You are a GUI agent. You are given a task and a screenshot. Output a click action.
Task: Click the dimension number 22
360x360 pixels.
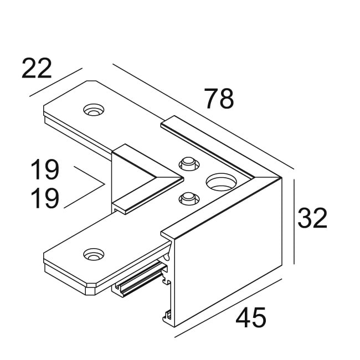point(37,68)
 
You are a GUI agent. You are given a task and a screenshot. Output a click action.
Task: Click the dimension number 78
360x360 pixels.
point(219,99)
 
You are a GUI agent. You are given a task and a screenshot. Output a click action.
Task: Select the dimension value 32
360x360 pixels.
point(312,218)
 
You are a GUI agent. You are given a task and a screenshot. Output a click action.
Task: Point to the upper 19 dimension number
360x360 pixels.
point(44,171)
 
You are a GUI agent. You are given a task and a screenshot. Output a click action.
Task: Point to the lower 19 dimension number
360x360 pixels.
point(44,198)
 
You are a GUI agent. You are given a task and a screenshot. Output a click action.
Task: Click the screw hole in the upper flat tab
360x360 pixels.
point(93,110)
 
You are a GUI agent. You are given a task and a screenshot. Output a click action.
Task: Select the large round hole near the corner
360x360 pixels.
point(219,181)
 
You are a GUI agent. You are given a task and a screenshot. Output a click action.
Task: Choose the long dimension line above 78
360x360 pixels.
point(202,116)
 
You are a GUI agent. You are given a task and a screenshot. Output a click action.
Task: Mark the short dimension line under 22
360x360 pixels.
point(55,82)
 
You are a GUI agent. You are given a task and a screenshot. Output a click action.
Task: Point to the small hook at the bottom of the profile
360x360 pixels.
point(167,317)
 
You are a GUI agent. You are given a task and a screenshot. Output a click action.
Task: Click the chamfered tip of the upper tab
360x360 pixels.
point(91,83)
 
